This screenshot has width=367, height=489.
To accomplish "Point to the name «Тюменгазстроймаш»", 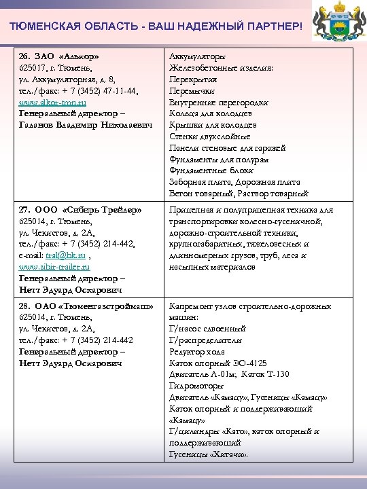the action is pos(104,306).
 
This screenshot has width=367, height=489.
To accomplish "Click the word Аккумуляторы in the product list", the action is pos(198,56).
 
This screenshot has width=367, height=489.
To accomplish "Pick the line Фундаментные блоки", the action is pos(211,171).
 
